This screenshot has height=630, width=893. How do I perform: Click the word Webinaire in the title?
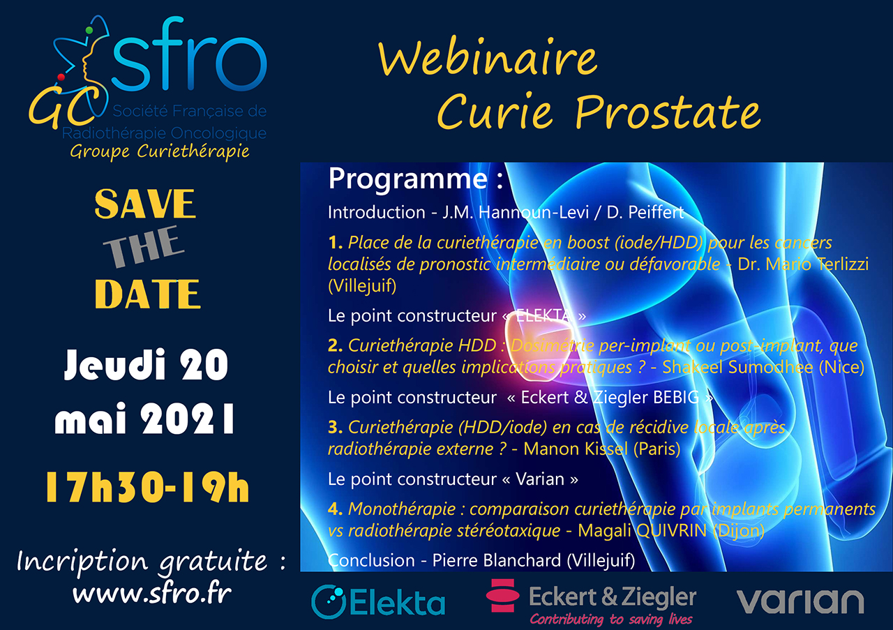coord(488,59)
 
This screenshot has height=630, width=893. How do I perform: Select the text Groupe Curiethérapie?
coord(160,151)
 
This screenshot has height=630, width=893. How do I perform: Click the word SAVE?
coord(145,204)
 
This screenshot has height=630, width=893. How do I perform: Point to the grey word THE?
coord(144,247)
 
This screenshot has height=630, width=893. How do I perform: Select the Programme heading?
coord(416,180)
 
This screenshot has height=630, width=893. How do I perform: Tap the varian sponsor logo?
coord(800,601)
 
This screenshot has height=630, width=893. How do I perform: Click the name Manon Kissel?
coord(576,449)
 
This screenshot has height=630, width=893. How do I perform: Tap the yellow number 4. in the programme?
coord(336,509)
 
